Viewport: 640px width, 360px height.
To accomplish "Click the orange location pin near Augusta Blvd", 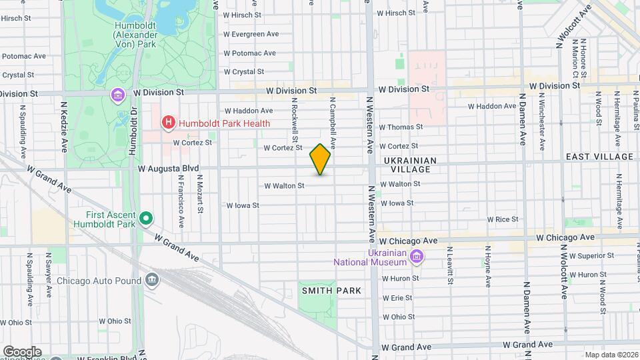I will (320, 159).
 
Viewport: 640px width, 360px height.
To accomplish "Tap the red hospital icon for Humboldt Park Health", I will (168, 123).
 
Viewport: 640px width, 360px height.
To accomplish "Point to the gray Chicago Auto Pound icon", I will (153, 279).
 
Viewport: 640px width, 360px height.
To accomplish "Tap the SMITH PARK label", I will (331, 291).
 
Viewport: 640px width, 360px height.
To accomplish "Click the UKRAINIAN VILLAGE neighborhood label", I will (410, 165).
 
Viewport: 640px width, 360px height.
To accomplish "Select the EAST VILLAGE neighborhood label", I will (599, 157).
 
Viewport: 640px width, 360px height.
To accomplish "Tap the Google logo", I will (21, 351).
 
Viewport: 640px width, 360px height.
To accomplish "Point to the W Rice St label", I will (503, 219).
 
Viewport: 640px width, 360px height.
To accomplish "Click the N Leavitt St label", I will (450, 266).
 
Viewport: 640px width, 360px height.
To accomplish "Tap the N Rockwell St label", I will (293, 115).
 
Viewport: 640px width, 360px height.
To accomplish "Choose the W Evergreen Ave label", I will (251, 34).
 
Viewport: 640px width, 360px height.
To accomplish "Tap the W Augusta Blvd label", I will (169, 169).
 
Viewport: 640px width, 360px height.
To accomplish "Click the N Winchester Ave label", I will (542, 125).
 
